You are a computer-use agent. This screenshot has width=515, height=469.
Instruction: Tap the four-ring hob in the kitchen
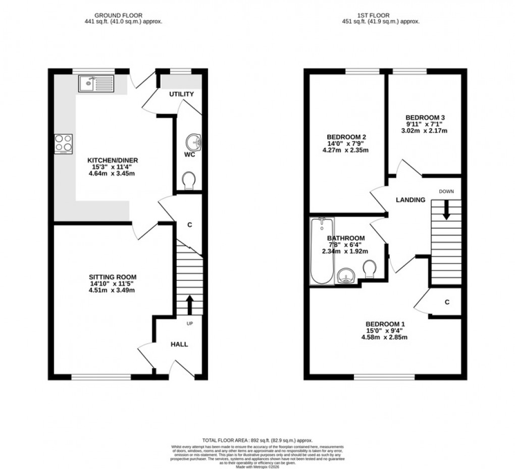(x=63, y=144)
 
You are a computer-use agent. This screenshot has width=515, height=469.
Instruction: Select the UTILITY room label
(x=182, y=94)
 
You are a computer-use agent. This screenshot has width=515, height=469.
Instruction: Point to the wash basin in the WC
(x=193, y=143)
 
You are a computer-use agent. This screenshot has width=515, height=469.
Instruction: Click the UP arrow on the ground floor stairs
(x=190, y=304)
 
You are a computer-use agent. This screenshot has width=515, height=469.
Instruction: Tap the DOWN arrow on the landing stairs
(x=446, y=210)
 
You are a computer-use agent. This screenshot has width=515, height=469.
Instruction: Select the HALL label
(x=179, y=344)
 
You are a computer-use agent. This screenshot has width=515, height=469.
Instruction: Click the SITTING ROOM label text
(x=113, y=277)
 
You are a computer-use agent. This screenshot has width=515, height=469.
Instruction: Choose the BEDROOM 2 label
(x=346, y=137)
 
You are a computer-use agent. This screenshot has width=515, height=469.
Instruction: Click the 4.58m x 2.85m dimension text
(x=385, y=337)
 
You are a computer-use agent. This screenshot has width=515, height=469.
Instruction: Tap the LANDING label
(x=410, y=200)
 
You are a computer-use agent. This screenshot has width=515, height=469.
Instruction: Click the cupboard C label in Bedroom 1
(x=447, y=302)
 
